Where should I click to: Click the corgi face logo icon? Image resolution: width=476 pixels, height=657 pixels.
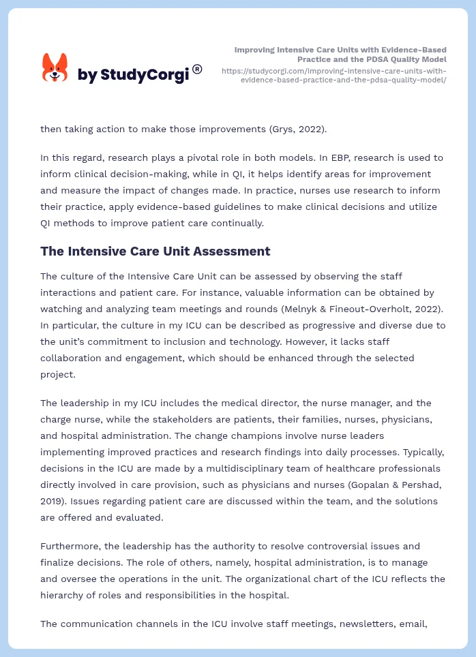[x=55, y=68]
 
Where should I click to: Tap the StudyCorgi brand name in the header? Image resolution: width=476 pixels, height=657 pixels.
[x=132, y=75]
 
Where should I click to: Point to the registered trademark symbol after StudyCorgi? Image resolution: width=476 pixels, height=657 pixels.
[x=197, y=69]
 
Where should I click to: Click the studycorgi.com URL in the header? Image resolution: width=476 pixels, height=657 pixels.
[x=334, y=75]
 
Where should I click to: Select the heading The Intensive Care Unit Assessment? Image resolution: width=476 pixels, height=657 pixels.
[x=155, y=251]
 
